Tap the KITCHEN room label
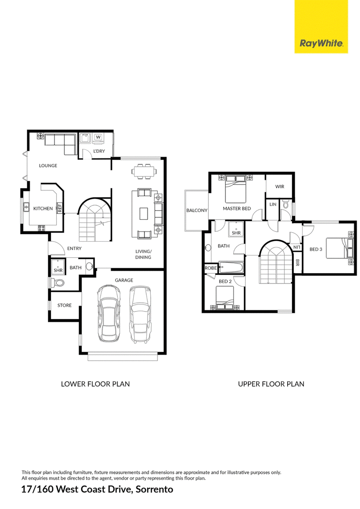(x=43, y=208)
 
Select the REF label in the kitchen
(x=60, y=208)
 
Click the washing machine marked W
(x=98, y=137)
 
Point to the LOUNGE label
(x=48, y=166)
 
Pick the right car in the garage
(x=140, y=314)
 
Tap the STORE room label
(x=64, y=305)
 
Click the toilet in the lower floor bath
(x=58, y=283)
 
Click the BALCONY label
(x=197, y=210)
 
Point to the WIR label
(x=279, y=187)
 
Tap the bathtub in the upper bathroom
(x=231, y=268)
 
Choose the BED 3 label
(x=316, y=249)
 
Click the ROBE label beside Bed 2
(x=211, y=268)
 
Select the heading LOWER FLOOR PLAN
(x=95, y=384)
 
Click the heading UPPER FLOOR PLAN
(x=271, y=384)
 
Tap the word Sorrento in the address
(x=154, y=489)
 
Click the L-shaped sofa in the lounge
(x=60, y=143)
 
